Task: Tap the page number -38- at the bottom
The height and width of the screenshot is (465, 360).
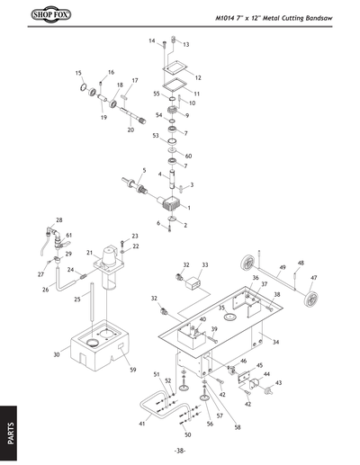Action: pyautogui.click(x=180, y=451)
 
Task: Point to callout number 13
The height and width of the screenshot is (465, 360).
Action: pyautogui.click(x=186, y=44)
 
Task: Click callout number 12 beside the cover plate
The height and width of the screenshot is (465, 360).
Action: pyautogui.click(x=197, y=78)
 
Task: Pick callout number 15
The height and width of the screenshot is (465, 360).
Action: pyautogui.click(x=78, y=73)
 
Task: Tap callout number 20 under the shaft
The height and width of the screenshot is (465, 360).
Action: pyautogui.click(x=130, y=130)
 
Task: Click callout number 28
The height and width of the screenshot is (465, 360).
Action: pyautogui.click(x=59, y=220)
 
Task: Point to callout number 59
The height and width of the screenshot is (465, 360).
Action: pyautogui.click(x=132, y=370)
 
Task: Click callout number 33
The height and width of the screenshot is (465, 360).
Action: pyautogui.click(x=204, y=265)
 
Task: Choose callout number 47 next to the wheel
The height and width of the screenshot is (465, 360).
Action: pyautogui.click(x=314, y=279)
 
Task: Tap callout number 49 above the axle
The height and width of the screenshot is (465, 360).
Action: pyautogui.click(x=282, y=267)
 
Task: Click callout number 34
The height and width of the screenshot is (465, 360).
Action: pyautogui.click(x=275, y=343)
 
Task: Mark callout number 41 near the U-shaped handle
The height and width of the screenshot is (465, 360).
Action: pyautogui.click(x=141, y=423)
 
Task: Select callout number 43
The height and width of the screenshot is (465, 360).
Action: pyautogui.click(x=278, y=384)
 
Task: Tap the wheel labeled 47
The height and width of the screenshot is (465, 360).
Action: pyautogui.click(x=309, y=296)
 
